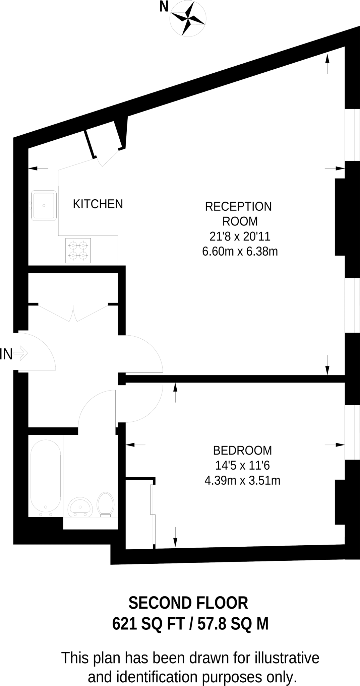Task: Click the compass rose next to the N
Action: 188,19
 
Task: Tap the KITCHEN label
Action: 98,204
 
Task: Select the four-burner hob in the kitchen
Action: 78,250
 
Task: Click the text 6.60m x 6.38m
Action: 240,251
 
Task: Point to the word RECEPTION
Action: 238,207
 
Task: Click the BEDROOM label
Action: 242,451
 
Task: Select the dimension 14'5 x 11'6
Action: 242,466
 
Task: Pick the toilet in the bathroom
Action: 106,504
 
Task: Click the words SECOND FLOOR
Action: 188,603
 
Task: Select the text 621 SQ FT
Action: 148,624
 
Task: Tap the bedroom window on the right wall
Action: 352,432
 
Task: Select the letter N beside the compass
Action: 164,6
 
